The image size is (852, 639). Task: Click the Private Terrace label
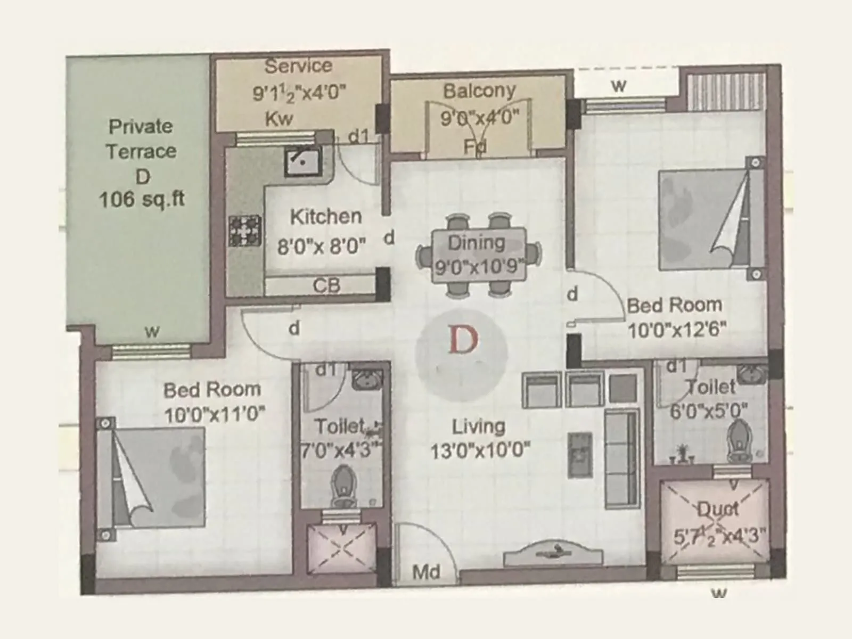point(141,139)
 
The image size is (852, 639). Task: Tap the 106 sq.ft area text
point(142,200)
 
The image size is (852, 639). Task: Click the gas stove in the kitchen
point(245,231)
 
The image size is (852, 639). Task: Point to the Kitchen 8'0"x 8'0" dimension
point(322,247)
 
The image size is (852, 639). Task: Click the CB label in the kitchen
point(326,286)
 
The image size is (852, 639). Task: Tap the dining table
point(478,255)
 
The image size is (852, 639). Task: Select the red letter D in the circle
point(462,340)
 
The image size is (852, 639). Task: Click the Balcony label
point(479,91)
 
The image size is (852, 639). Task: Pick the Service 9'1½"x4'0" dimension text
point(299,93)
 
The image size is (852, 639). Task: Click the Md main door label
point(427,572)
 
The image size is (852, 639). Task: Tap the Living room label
point(478,427)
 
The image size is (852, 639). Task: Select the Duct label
point(718,510)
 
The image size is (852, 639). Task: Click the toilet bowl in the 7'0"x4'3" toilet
point(343,486)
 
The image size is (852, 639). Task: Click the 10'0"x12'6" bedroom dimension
point(676,330)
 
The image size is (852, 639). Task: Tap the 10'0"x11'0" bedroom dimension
point(214,414)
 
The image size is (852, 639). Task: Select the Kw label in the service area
point(279,119)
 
